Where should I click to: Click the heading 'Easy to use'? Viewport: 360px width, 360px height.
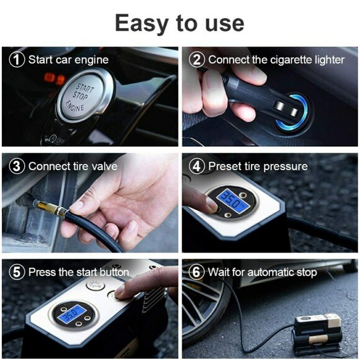[179, 23]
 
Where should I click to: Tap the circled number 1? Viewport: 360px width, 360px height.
[17, 60]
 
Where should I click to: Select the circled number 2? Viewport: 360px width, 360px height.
[197, 60]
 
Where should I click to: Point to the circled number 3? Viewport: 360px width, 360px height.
[17, 166]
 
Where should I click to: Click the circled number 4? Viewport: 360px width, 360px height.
[197, 166]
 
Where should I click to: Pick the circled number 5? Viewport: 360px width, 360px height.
[17, 272]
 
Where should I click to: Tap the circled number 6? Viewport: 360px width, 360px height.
[197, 272]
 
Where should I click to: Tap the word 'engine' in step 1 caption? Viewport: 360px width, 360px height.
[91, 60]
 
